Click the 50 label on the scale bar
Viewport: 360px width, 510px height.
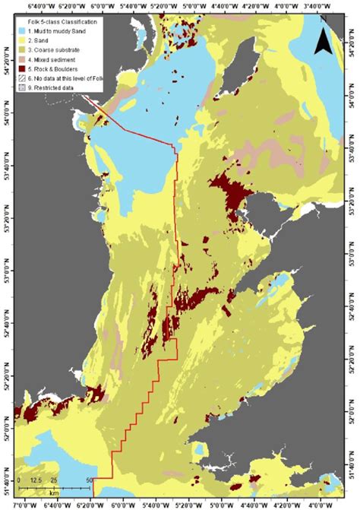click(90, 481)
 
